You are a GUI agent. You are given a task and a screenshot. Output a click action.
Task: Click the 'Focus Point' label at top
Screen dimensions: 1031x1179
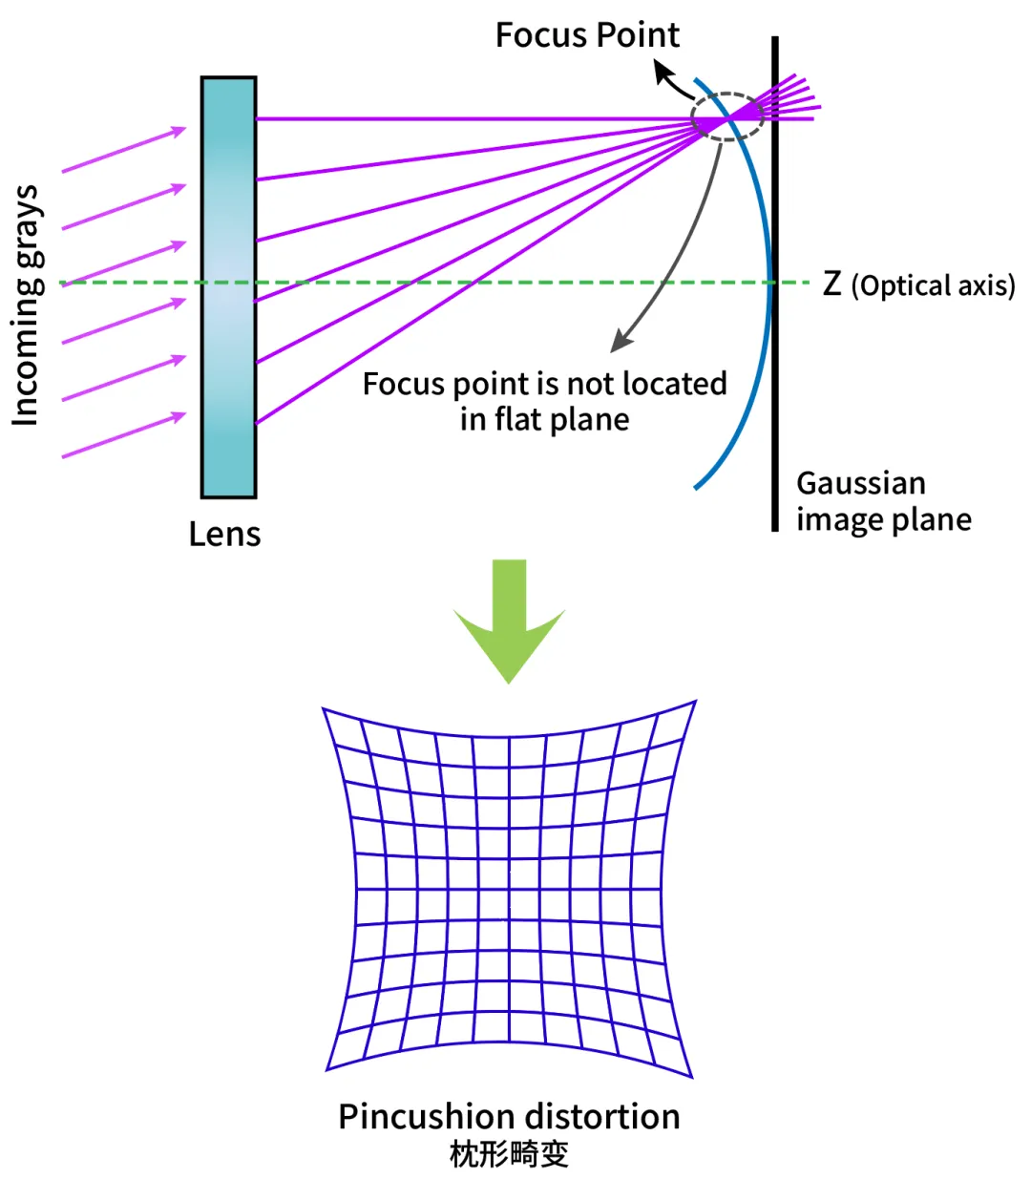(587, 35)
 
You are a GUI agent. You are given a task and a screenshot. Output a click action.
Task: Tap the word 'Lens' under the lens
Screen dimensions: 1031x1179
(224, 534)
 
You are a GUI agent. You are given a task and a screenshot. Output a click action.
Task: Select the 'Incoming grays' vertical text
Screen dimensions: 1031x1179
(26, 305)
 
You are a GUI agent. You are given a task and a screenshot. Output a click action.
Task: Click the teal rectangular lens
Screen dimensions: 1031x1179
(229, 287)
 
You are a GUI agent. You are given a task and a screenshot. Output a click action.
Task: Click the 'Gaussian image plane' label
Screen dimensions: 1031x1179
(883, 501)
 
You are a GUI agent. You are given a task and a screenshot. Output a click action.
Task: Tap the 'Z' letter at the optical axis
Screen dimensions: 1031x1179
(831, 284)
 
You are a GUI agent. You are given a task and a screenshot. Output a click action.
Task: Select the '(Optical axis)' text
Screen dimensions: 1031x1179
(933, 285)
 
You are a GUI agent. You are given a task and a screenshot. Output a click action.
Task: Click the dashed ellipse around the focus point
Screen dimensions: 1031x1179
(727, 93)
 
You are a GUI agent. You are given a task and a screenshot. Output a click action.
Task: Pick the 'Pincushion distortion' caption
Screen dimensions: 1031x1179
(509, 1116)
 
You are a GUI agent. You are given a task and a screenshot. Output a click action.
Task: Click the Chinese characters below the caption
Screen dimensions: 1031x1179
(509, 1154)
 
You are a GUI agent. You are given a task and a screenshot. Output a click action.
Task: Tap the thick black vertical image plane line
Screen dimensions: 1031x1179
(775, 284)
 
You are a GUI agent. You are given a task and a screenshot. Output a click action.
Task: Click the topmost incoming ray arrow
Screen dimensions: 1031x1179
(124, 150)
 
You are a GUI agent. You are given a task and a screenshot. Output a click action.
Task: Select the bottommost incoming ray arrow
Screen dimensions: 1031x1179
(124, 435)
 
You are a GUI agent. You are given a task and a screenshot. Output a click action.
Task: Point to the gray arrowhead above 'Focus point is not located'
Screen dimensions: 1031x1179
(621, 341)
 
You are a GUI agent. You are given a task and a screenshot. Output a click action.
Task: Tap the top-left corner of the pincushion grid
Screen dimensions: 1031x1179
(322, 708)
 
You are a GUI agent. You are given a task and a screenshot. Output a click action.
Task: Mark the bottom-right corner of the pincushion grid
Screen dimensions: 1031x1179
(692, 1078)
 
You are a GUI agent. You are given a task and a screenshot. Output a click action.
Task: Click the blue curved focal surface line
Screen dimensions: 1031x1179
(770, 284)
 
